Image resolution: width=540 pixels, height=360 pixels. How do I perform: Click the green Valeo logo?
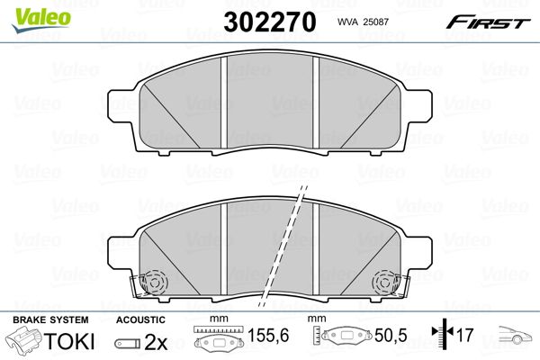click(x=41, y=20)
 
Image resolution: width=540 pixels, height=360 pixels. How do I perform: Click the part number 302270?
click(x=270, y=22)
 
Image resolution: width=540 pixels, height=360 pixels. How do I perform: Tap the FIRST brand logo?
click(x=488, y=22)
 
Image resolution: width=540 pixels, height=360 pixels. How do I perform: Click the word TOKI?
click(x=69, y=341)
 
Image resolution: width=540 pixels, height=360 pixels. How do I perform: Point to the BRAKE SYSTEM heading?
click(x=50, y=320)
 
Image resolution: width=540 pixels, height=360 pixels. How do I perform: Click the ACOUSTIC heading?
click(x=140, y=320)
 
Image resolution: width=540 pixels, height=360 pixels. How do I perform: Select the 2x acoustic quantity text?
click(x=156, y=342)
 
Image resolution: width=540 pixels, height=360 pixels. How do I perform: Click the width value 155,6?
click(x=268, y=335)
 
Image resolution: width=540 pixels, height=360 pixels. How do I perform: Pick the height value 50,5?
click(x=391, y=335)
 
